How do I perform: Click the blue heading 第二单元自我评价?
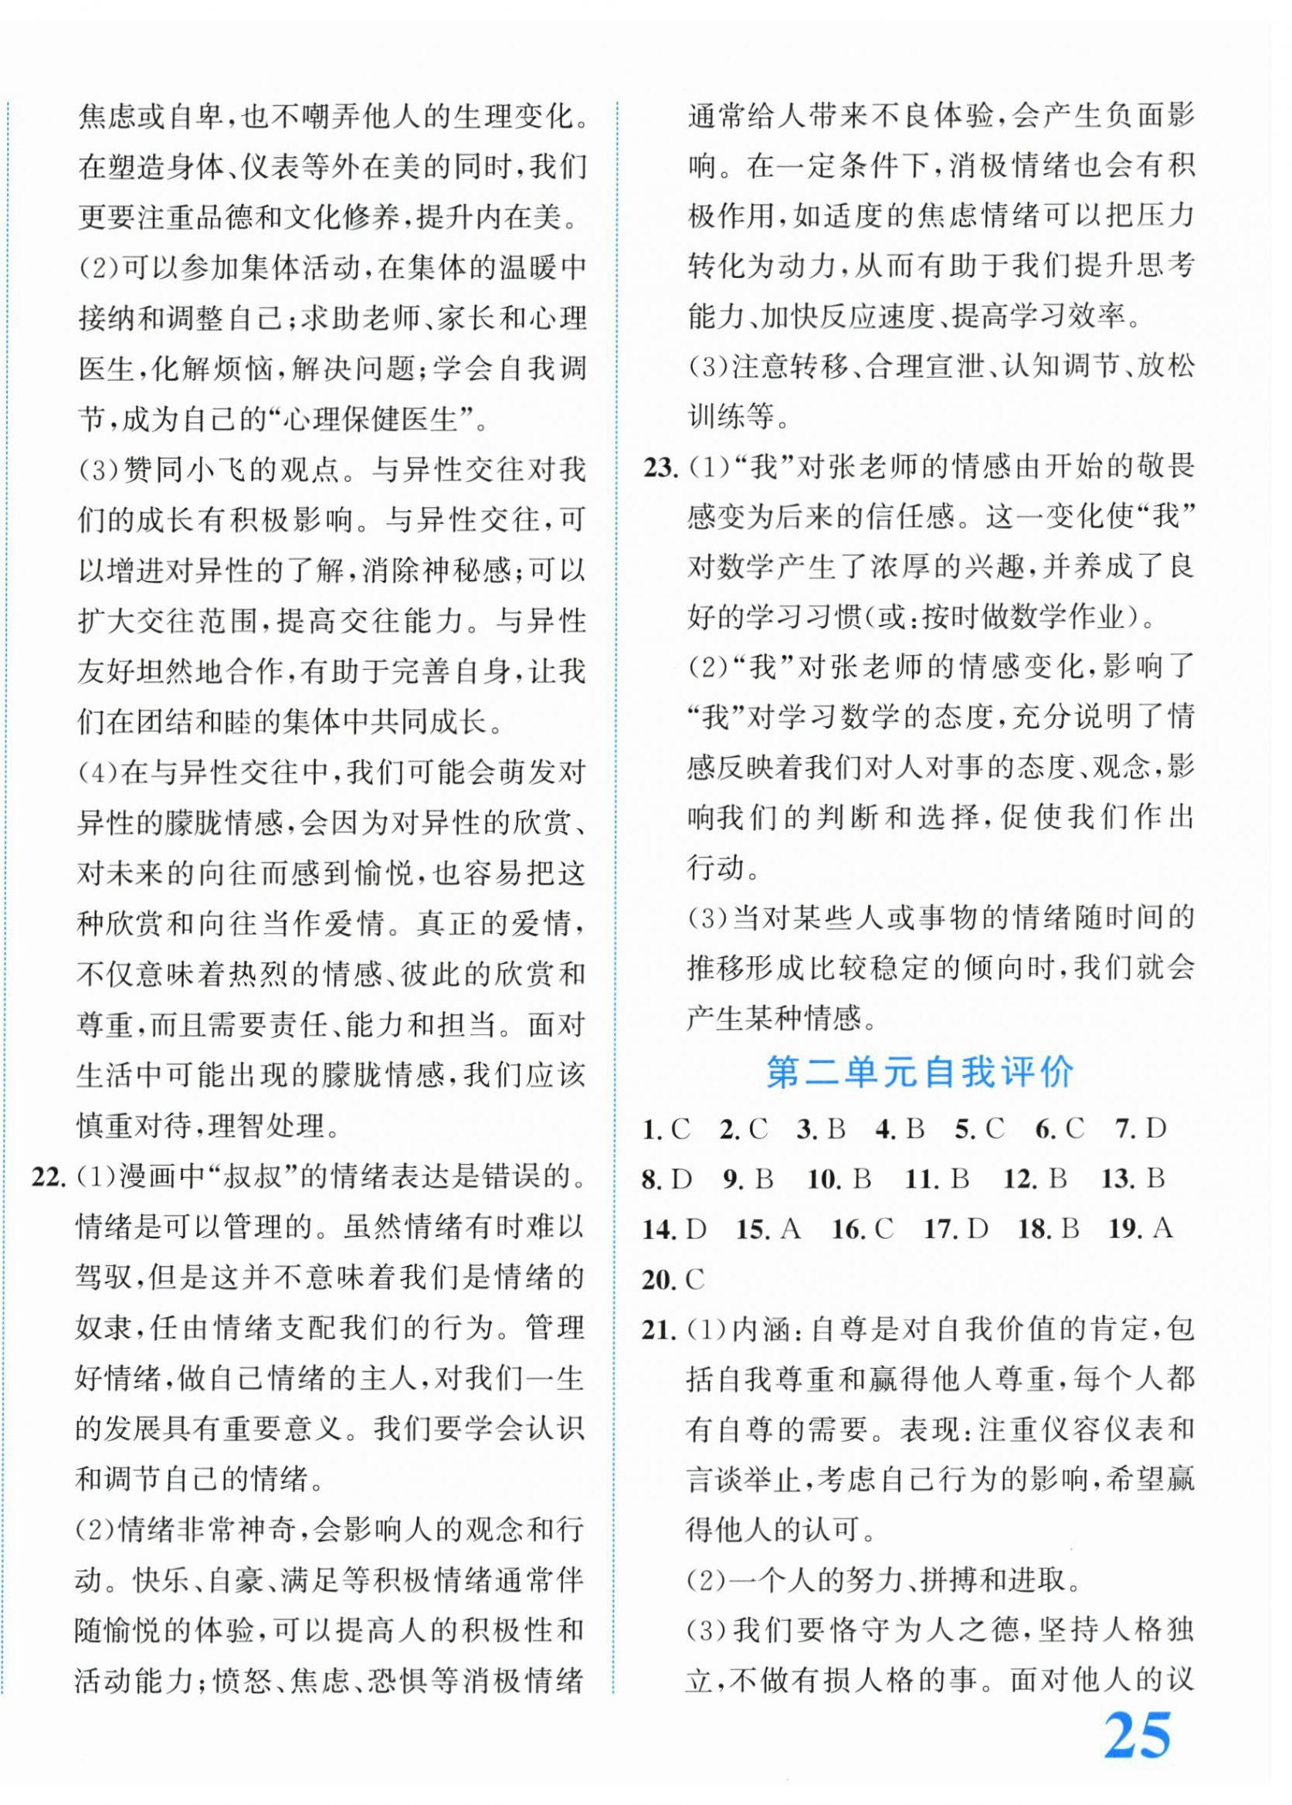pos(919,1073)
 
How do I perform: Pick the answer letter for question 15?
pos(789,1229)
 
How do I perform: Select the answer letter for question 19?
pos(1162,1229)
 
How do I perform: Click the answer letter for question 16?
pos(884,1229)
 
